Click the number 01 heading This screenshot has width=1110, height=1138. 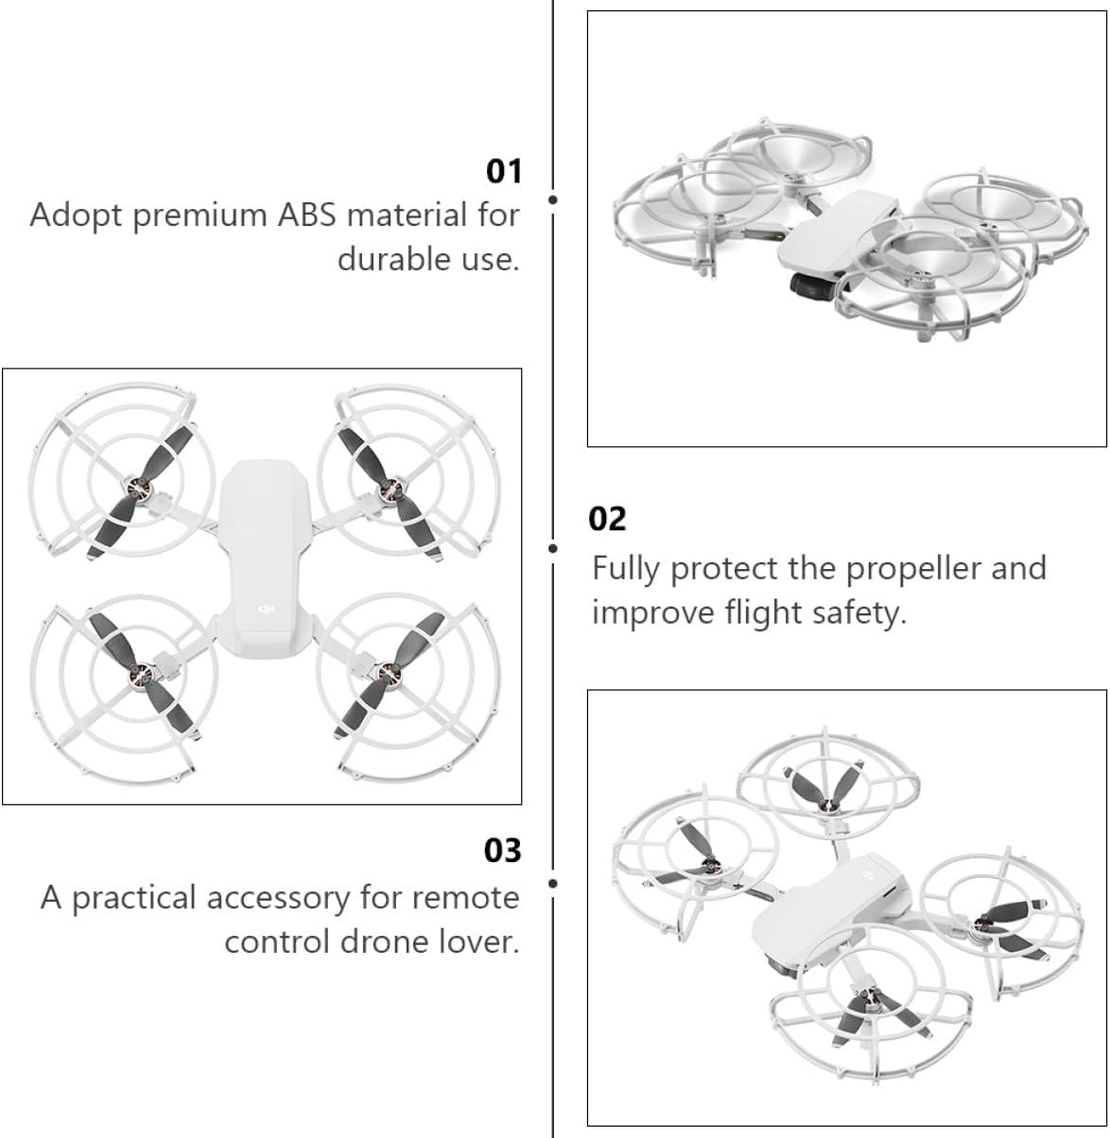pos(503,171)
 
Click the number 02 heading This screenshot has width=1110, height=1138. pos(607,519)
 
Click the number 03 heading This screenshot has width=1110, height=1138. pos(502,851)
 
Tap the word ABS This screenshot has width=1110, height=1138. pos(306,215)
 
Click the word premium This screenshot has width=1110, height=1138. pos(200,216)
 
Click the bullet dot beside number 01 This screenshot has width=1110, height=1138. pos(553,199)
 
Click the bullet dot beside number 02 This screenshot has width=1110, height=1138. pos(553,548)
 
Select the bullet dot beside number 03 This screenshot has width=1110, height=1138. pos(553,883)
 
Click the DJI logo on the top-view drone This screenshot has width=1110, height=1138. pos(266,610)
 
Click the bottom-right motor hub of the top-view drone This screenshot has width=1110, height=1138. pos(387,674)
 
